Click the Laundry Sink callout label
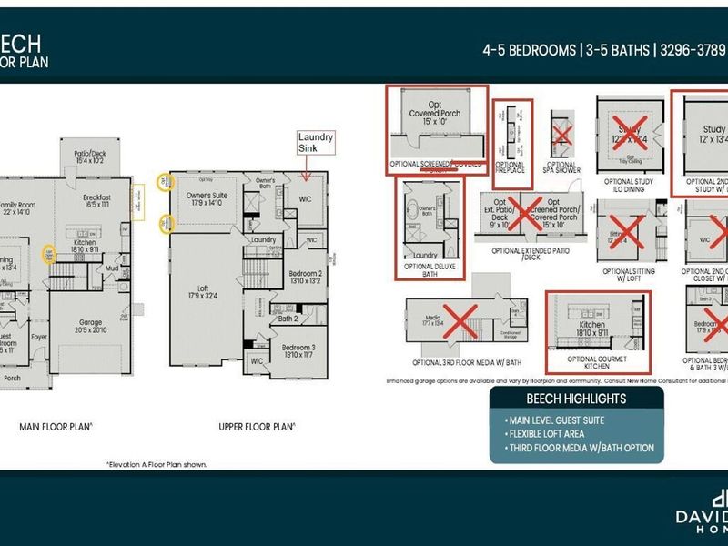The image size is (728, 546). (x=318, y=143)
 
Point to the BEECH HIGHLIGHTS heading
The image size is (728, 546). (x=577, y=399)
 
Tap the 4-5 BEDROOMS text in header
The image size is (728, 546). (x=529, y=51)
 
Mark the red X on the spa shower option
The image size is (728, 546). (x=561, y=135)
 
